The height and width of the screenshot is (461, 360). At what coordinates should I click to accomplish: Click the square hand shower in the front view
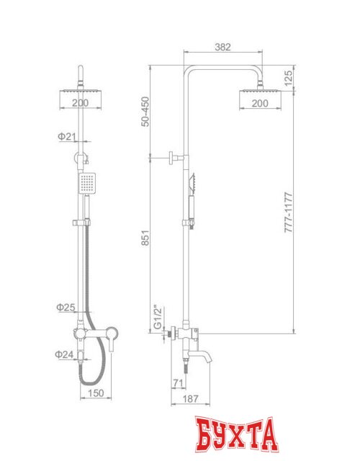87,184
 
